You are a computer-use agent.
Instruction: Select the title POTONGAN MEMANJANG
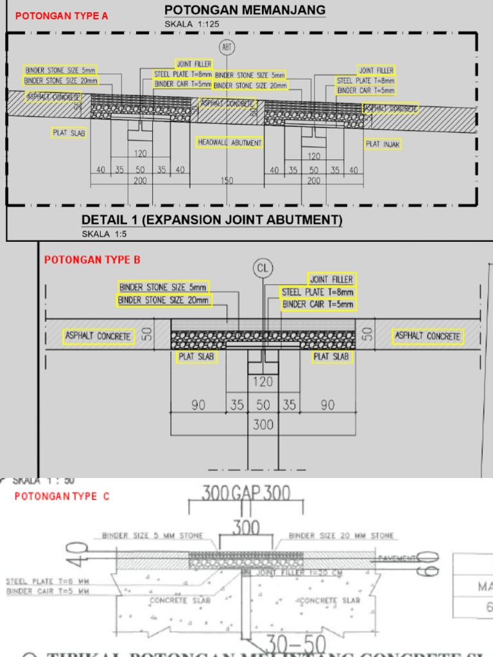tap(245, 10)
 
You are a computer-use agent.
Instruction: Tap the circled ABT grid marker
tap(227, 47)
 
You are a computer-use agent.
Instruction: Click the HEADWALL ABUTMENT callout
tap(229, 142)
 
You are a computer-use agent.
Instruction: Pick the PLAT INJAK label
tap(383, 144)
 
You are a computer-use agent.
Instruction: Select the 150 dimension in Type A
tap(227, 181)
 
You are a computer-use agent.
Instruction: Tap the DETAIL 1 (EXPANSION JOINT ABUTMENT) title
tap(212, 220)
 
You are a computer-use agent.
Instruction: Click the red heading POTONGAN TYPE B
tap(92, 260)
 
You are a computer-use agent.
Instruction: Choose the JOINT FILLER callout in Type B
tap(331, 280)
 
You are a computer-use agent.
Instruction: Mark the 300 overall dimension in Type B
tap(263, 424)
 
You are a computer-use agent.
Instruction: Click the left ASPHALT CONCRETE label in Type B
tap(98, 336)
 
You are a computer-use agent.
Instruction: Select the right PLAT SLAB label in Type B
tap(331, 357)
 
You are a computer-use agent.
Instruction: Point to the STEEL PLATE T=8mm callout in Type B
tap(318, 292)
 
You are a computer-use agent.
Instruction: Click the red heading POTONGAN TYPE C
tap(62, 496)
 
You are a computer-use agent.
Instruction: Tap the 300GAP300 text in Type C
tap(246, 493)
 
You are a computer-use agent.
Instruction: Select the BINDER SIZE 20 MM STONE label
tap(342, 536)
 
